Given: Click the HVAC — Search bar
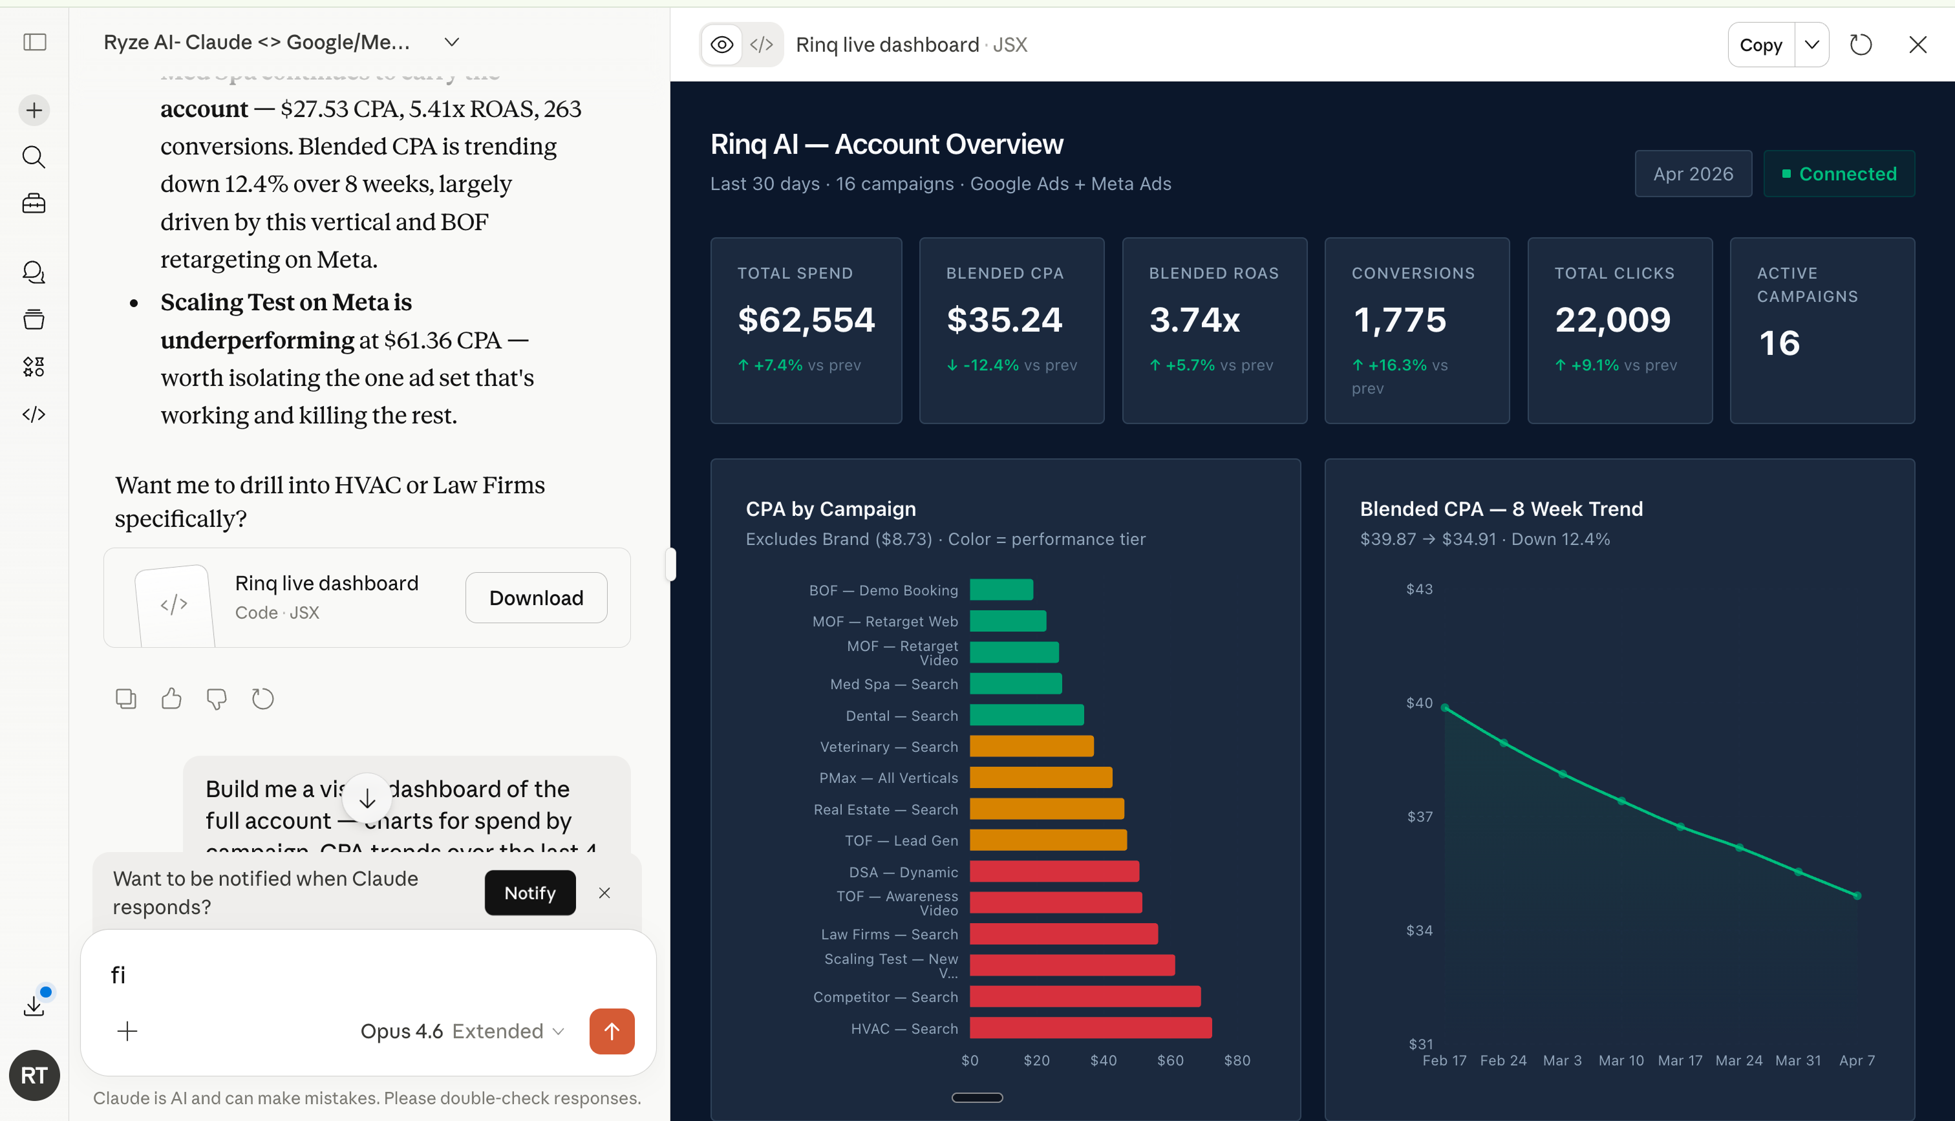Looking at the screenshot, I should tap(1090, 1028).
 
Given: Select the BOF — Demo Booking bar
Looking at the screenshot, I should tap(1001, 590).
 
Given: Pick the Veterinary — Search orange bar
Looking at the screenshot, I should tap(1031, 746).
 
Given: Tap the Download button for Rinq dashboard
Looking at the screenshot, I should tap(536, 597).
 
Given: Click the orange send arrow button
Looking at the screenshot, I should tap(611, 1031).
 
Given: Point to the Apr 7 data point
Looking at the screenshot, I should tap(1857, 895).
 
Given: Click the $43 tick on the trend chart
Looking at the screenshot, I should tap(1418, 589).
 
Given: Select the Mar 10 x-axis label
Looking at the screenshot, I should tap(1620, 1060).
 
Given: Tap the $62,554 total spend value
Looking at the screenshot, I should tap(806, 319).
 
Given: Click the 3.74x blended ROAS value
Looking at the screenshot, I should tap(1194, 319).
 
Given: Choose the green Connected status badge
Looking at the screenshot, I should tap(1838, 174).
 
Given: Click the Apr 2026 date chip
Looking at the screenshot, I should tap(1693, 174).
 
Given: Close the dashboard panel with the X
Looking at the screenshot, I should tap(1918, 45).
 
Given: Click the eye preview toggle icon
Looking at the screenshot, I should tap(721, 45).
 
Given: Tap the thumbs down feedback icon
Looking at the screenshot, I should tap(217, 698).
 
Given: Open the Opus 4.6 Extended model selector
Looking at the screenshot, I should tap(462, 1031).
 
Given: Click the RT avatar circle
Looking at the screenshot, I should tap(34, 1075).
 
